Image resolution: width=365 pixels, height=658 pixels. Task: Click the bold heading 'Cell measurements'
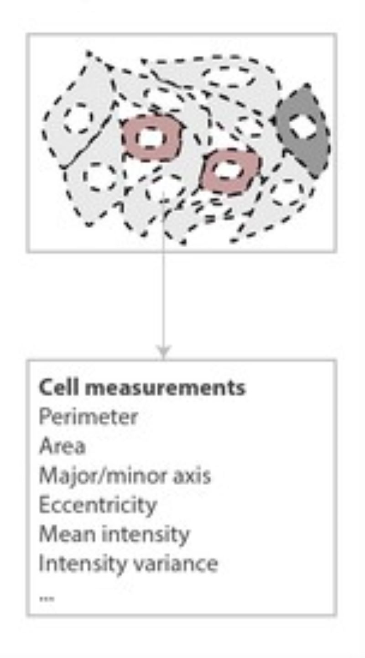pyautogui.click(x=142, y=388)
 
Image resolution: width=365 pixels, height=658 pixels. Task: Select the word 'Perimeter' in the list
pyautogui.click(x=89, y=417)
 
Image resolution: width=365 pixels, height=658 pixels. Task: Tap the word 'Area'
pyautogui.click(x=62, y=446)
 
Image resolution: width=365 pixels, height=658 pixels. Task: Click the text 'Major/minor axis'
pyautogui.click(x=125, y=476)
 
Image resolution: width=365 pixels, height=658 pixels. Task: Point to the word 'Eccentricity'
pyautogui.click(x=98, y=506)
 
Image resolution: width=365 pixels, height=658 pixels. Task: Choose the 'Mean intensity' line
pyautogui.click(x=114, y=535)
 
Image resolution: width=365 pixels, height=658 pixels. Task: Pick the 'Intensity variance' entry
pyautogui.click(x=128, y=564)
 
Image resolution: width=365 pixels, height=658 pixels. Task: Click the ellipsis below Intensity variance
pyautogui.click(x=47, y=599)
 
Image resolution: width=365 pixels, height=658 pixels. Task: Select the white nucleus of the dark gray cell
pyautogui.click(x=303, y=126)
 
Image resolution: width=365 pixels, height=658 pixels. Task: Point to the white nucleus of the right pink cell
pyautogui.click(x=229, y=170)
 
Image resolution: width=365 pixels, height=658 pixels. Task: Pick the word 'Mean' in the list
pyautogui.click(x=67, y=534)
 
